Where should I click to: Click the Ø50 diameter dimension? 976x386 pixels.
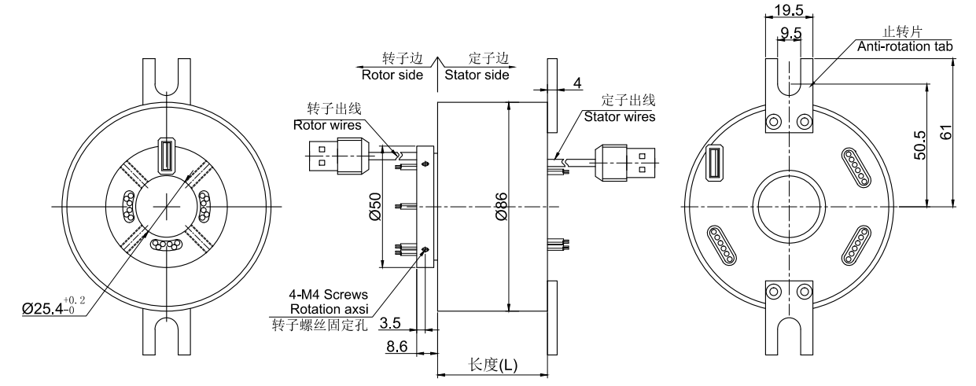[377, 206]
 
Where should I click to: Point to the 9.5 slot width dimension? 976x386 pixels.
[790, 32]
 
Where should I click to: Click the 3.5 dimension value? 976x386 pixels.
[390, 323]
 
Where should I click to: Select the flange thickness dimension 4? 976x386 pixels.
[577, 82]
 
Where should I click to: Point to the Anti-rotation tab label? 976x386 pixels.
[904, 46]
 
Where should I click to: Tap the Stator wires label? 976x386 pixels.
[619, 116]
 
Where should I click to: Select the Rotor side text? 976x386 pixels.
[392, 75]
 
